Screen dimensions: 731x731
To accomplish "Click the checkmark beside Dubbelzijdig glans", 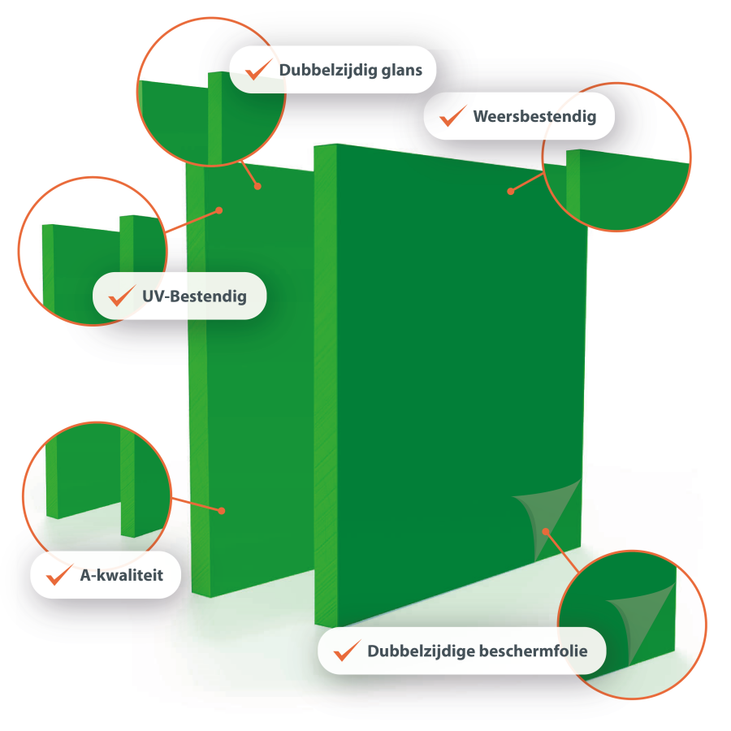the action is click(x=257, y=70).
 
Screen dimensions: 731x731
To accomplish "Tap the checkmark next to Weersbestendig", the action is click(x=452, y=116).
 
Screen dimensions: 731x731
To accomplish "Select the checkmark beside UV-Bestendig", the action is click(x=121, y=296).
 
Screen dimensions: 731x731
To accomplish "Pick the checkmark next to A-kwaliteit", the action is click(x=59, y=575).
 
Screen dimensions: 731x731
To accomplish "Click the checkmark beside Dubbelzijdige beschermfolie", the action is click(x=347, y=651).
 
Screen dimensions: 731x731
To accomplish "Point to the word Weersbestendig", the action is click(x=534, y=116).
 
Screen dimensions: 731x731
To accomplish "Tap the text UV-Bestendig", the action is click(x=194, y=296).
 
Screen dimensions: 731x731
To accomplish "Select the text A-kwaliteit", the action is click(x=122, y=575).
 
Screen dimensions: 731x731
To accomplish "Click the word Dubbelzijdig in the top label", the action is click(x=328, y=71).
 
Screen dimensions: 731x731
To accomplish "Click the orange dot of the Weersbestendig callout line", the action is click(x=511, y=191).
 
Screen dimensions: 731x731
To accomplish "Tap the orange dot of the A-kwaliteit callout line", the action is click(x=222, y=511).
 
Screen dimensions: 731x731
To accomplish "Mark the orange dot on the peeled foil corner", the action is click(x=546, y=531).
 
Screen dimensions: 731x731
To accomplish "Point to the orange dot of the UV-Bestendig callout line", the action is click(x=219, y=210).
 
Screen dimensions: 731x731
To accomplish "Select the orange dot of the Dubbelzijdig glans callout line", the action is click(x=257, y=187).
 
